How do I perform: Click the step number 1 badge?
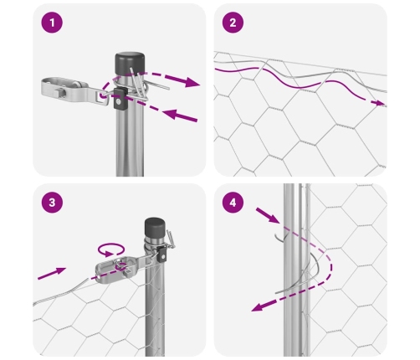pyautogui.click(x=52, y=23)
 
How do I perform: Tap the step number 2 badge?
pyautogui.click(x=233, y=23)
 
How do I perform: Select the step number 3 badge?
pyautogui.click(x=52, y=203)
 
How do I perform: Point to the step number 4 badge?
pyautogui.click(x=233, y=203)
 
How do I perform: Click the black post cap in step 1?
pyautogui.click(x=130, y=63)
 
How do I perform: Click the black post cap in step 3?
pyautogui.click(x=155, y=227)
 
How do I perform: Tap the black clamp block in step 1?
pyautogui.click(x=120, y=98)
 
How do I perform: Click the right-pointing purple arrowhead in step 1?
pyautogui.click(x=192, y=82)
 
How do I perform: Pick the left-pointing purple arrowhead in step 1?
pyautogui.click(x=170, y=114)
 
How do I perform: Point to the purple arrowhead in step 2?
pyautogui.click(x=379, y=103)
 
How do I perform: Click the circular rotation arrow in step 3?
pyautogui.click(x=111, y=249)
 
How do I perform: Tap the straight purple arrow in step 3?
pyautogui.click(x=52, y=273)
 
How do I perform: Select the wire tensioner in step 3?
pyautogui.click(x=120, y=269)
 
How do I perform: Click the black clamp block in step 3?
pyautogui.click(x=161, y=254)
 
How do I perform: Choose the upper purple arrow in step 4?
pyautogui.click(x=268, y=215)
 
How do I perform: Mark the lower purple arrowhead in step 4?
pyautogui.click(x=258, y=307)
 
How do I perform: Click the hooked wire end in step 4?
pyautogui.click(x=279, y=239)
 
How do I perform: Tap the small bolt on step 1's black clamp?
pyautogui.click(x=119, y=102)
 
